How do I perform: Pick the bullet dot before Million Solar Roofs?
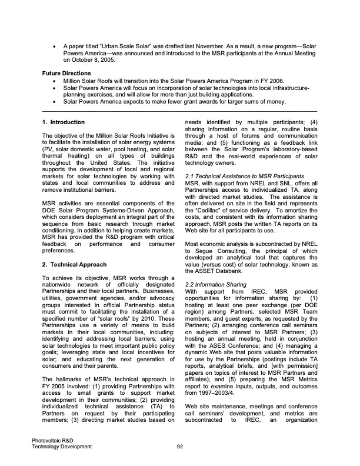[55, 80]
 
